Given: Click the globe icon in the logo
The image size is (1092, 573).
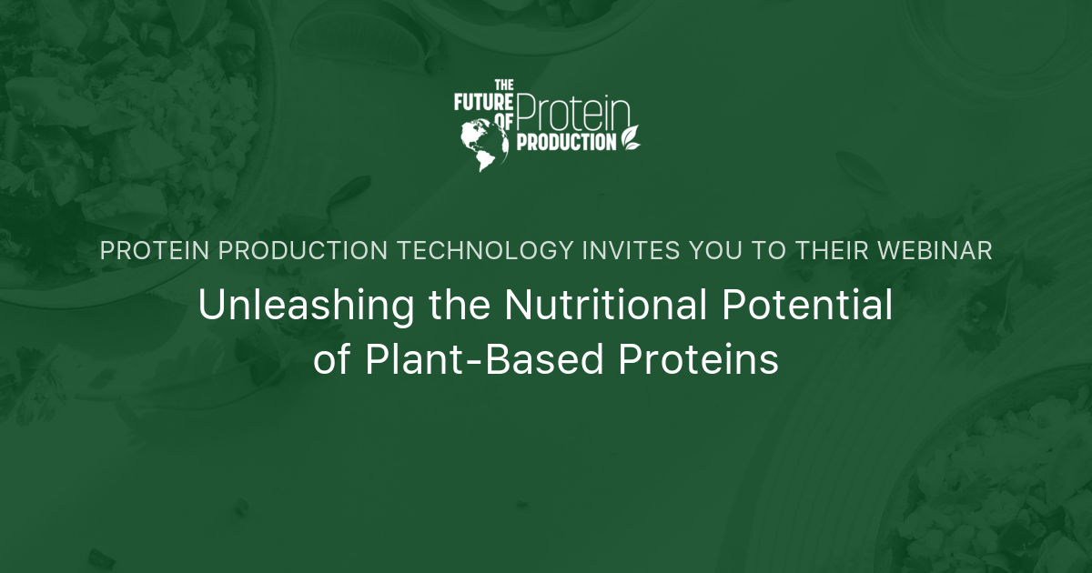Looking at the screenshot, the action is [x=484, y=145].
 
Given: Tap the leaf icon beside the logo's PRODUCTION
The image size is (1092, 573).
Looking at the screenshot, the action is [x=630, y=138].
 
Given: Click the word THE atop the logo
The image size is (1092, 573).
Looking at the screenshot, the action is [x=504, y=85].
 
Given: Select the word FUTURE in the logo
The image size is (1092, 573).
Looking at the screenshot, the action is [x=483, y=102].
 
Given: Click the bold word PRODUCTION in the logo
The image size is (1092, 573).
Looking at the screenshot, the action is [x=566, y=142].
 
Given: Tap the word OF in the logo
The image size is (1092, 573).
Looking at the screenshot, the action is [x=504, y=122].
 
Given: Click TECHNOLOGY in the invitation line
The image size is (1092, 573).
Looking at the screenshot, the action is [x=486, y=250].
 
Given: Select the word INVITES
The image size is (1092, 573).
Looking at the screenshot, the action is [x=631, y=250].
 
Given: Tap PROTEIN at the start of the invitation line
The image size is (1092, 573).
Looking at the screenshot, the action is [x=155, y=250].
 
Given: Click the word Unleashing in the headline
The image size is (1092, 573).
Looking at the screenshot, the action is [x=306, y=305].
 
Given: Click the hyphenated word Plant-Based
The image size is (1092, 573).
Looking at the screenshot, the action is [x=484, y=359].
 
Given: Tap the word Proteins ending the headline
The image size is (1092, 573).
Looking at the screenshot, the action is [x=698, y=359].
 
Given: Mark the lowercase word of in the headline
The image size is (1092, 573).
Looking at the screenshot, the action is [x=331, y=359].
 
